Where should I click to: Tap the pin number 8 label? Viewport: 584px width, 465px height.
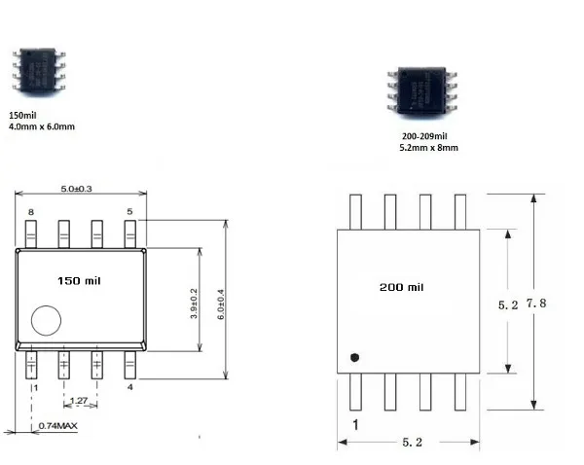(31, 211)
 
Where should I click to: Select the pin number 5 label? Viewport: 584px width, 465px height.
(129, 211)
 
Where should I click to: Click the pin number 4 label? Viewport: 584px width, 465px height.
(129, 387)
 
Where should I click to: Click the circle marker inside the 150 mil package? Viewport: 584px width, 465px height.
(45, 321)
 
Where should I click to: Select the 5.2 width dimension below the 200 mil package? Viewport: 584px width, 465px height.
(411, 443)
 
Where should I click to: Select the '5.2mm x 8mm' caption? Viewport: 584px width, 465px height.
(428, 148)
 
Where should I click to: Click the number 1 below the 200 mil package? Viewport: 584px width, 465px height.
(355, 425)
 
